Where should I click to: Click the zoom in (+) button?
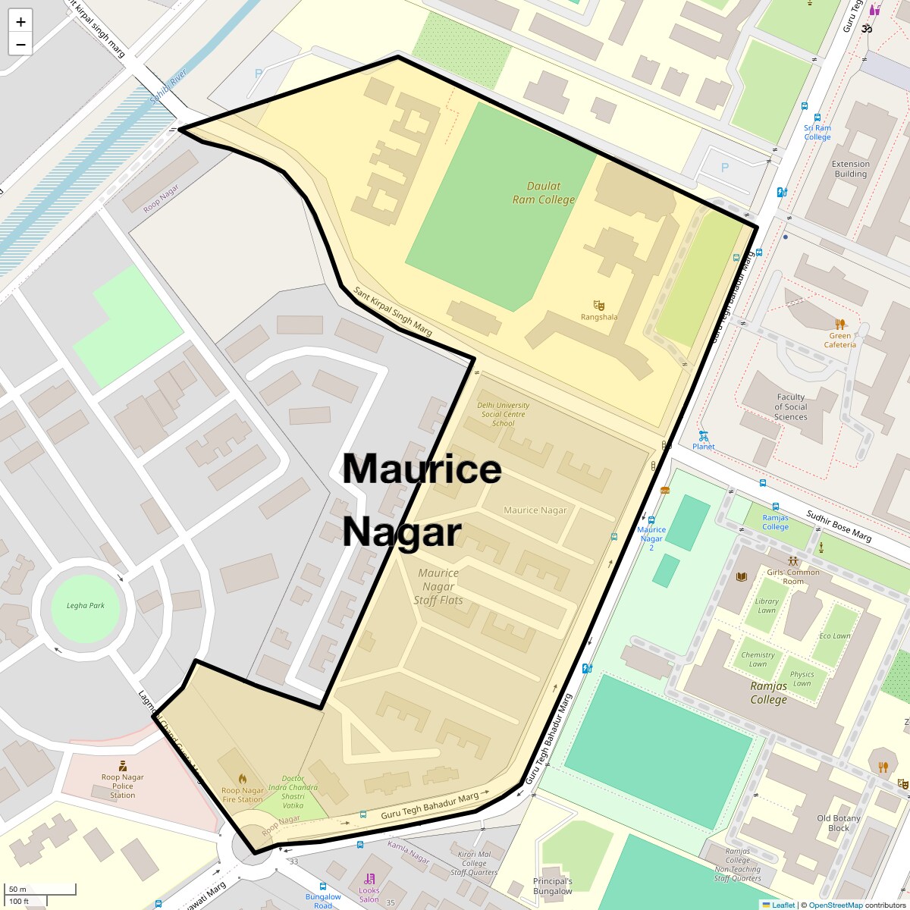(x=20, y=22)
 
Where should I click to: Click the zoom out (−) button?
(x=20, y=44)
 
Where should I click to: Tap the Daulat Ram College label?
(x=544, y=193)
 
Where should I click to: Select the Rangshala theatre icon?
(x=599, y=306)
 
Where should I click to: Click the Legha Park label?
(x=86, y=605)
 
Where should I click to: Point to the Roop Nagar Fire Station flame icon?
(x=242, y=779)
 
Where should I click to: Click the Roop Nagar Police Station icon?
(x=122, y=766)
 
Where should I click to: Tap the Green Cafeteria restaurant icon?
(x=839, y=325)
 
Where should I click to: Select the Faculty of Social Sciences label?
(x=791, y=407)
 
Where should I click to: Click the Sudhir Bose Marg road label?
(x=839, y=526)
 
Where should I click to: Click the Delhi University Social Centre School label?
(x=504, y=414)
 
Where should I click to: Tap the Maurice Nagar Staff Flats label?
(x=438, y=587)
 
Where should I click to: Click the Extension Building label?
(x=850, y=168)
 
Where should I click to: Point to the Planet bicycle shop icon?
(x=703, y=436)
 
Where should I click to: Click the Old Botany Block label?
(x=839, y=823)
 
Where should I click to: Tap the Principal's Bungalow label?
(x=552, y=886)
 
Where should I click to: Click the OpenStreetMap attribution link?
(x=835, y=905)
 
